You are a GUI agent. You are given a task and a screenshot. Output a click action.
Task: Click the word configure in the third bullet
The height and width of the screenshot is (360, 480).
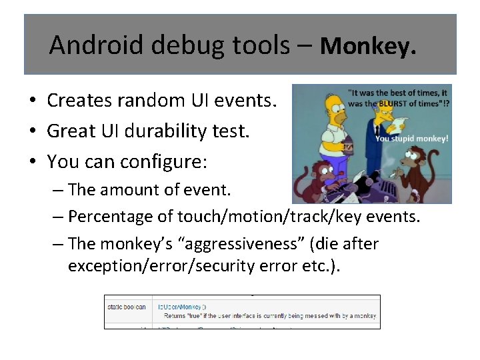pos(171,161)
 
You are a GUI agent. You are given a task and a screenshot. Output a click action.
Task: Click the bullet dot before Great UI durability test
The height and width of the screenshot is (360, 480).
pos(32,131)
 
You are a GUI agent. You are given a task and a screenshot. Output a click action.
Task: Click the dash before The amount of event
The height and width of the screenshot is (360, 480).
pos(58,190)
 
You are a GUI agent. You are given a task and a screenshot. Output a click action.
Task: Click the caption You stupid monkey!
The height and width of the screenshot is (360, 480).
pos(411,139)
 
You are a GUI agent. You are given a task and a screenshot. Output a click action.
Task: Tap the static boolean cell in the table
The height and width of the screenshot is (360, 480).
pos(127,306)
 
